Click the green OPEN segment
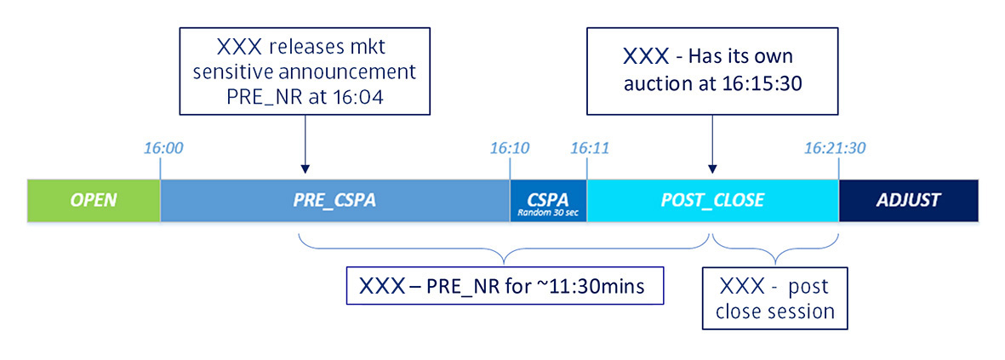coord(93,201)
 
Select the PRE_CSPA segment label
coord(334,201)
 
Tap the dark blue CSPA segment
coord(548,197)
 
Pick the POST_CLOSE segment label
coord(712,201)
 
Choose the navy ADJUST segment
coord(908,201)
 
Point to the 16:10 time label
coord(510,148)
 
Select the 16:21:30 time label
coord(835,148)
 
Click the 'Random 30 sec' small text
coord(548,213)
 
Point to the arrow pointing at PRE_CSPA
coord(304,145)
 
